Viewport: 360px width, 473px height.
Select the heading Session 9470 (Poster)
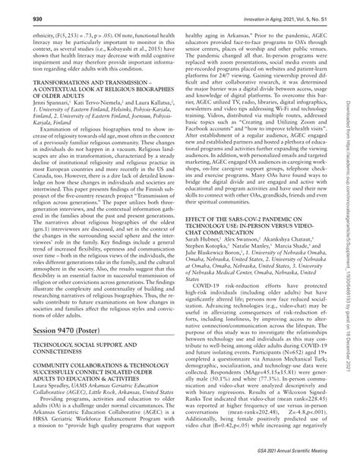67,355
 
